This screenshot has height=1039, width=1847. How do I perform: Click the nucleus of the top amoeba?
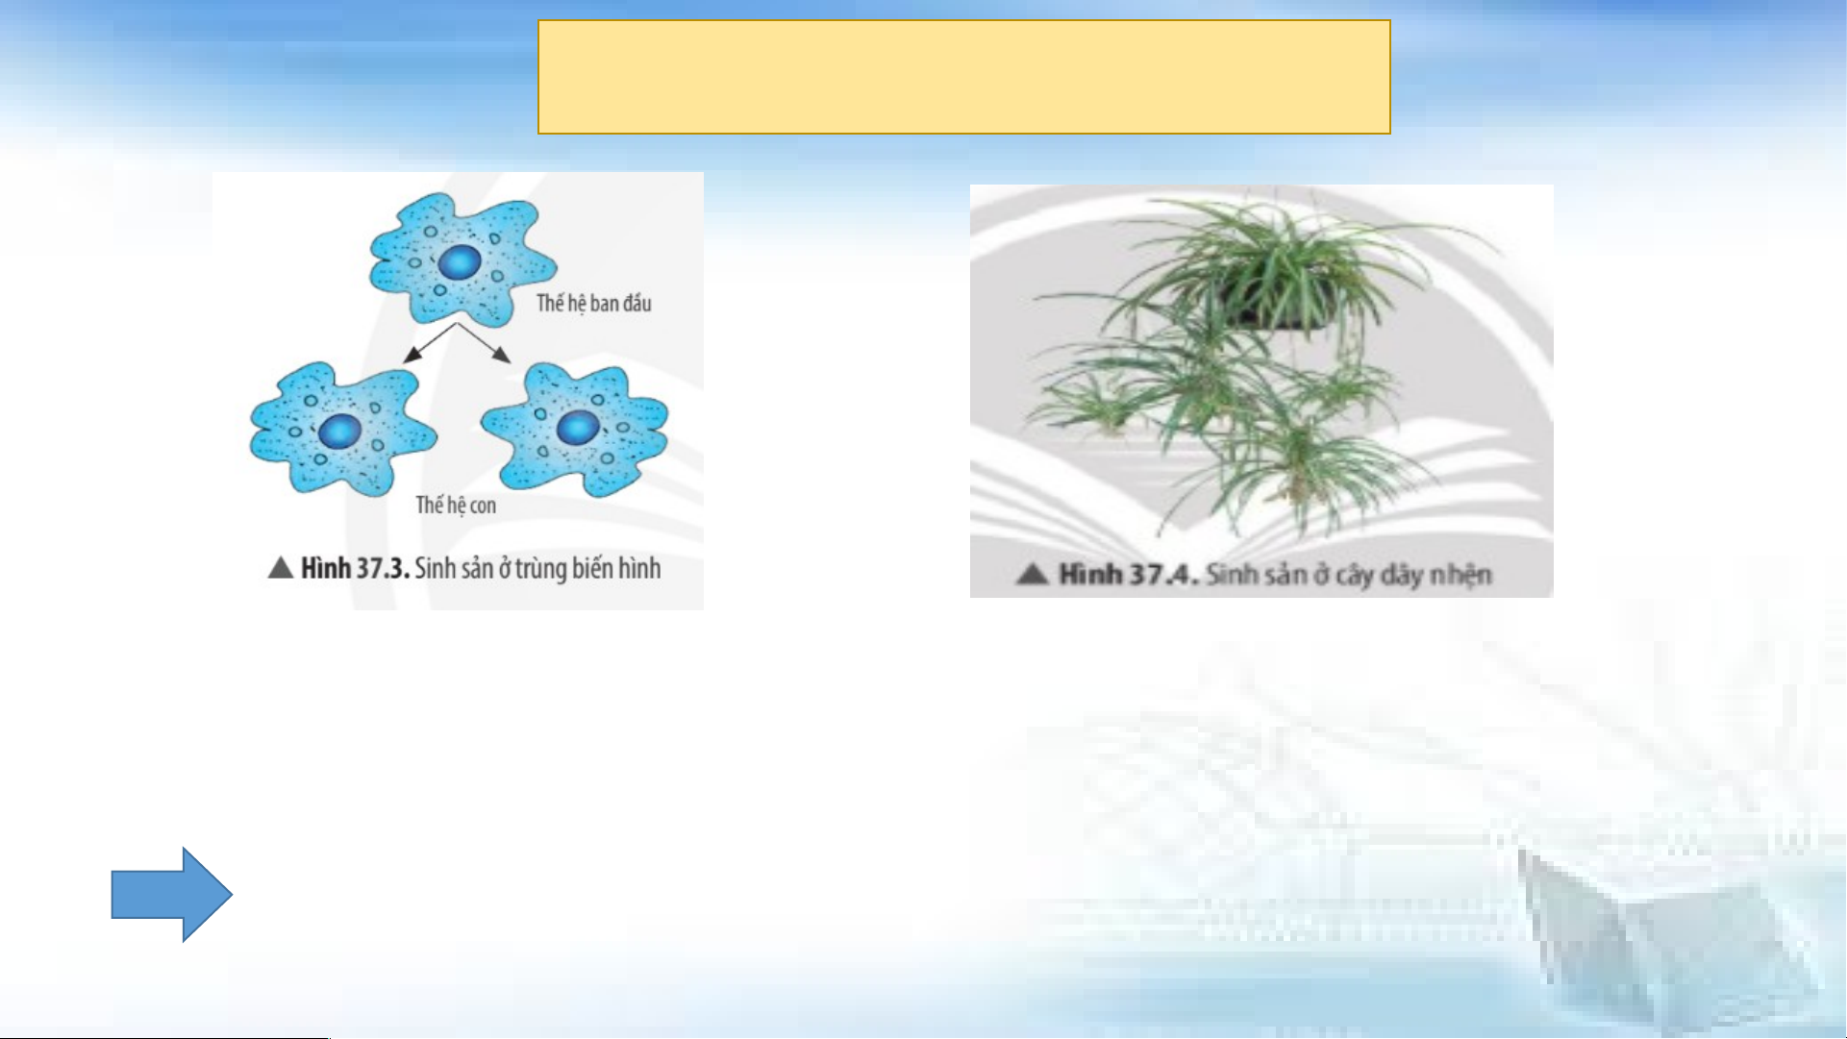pyautogui.click(x=461, y=262)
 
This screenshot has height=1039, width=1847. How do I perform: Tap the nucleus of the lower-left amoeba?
pyautogui.click(x=339, y=432)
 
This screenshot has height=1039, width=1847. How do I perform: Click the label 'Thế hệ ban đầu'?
pyautogui.click(x=594, y=304)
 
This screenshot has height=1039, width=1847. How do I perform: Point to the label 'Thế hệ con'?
pyautogui.click(x=456, y=506)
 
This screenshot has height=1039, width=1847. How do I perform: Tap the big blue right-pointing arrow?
pyautogui.click(x=171, y=894)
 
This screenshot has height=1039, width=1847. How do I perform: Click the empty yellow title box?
pyautogui.click(x=964, y=77)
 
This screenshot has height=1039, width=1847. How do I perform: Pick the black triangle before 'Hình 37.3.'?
pyautogui.click(x=281, y=568)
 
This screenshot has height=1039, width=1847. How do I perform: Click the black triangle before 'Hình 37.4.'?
pyautogui.click(x=1033, y=575)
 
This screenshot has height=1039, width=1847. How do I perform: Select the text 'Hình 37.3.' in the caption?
pyautogui.click(x=356, y=568)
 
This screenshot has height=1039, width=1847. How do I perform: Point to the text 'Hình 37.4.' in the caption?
pyautogui.click(x=1128, y=575)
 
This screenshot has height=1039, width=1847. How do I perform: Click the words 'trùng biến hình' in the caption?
pyautogui.click(x=587, y=569)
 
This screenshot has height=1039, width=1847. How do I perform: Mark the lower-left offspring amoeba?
pyautogui.click(x=342, y=429)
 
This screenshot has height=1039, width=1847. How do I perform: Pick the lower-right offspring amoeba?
pyautogui.click(x=575, y=430)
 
